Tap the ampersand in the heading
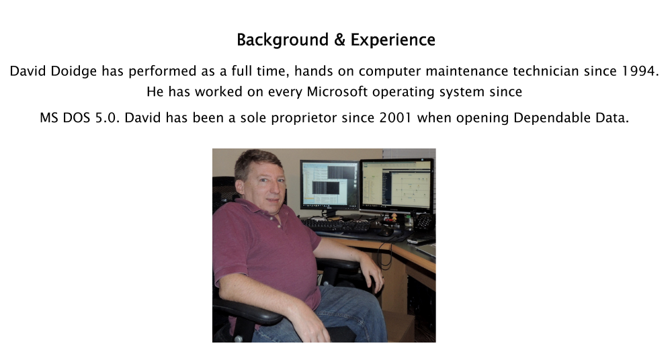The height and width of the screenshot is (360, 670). (x=341, y=40)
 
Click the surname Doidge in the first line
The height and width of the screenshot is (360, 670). (x=73, y=71)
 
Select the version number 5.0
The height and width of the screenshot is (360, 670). (x=107, y=118)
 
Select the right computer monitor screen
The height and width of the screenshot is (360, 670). (x=396, y=184)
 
